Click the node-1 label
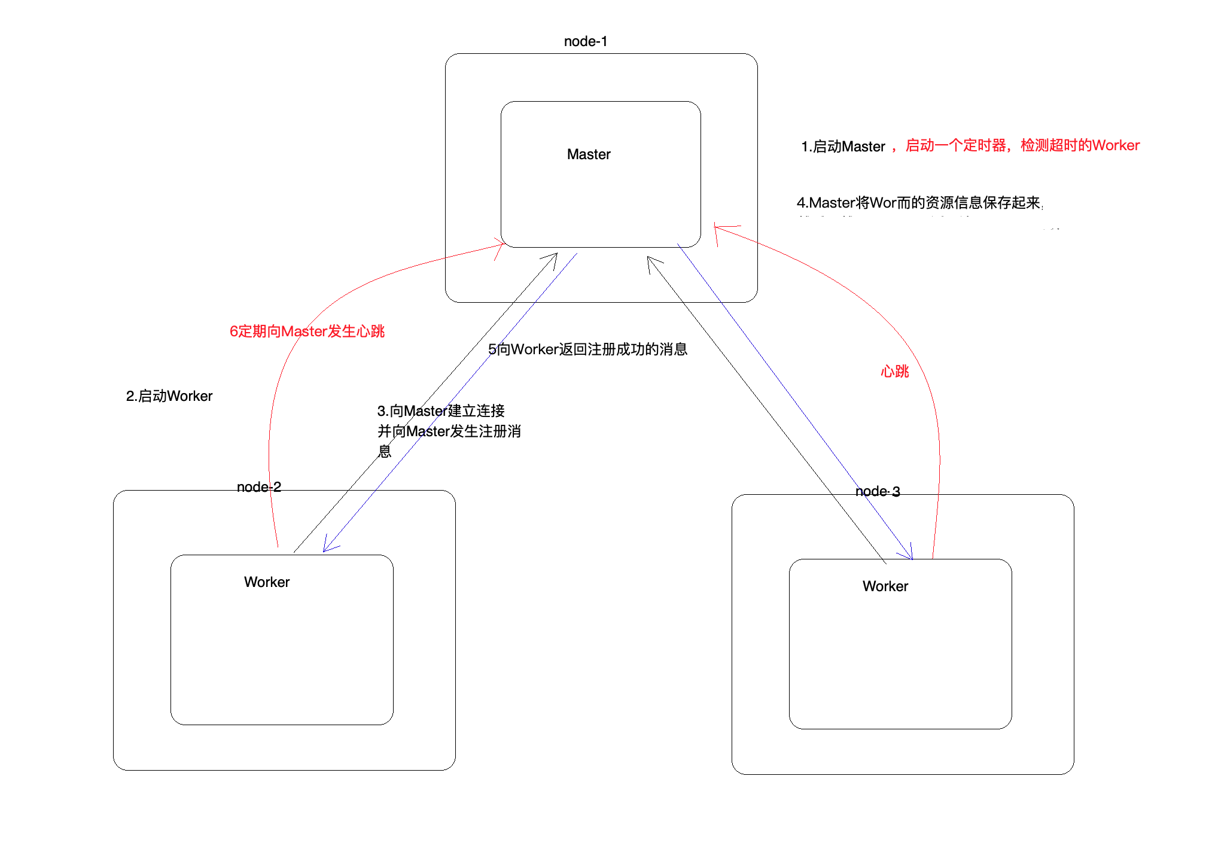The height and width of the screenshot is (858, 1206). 585,41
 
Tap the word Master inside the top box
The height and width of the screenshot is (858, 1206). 589,154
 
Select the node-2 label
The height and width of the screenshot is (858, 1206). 258,487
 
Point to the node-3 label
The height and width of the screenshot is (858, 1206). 877,491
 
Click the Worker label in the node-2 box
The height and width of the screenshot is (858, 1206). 266,582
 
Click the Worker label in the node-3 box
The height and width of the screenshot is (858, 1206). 885,586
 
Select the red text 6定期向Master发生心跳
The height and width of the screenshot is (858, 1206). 306,331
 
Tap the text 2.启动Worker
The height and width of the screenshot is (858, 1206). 169,396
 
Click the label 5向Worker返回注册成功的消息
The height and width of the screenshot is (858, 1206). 587,349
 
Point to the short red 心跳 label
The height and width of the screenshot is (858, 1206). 894,372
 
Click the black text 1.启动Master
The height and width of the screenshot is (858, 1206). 842,147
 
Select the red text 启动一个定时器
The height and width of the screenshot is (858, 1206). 955,145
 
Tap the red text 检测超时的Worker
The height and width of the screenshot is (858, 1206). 1080,145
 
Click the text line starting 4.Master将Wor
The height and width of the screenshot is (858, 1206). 919,203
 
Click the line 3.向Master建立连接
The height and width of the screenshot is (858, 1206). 441,411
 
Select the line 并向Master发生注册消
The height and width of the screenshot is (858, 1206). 449,431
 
